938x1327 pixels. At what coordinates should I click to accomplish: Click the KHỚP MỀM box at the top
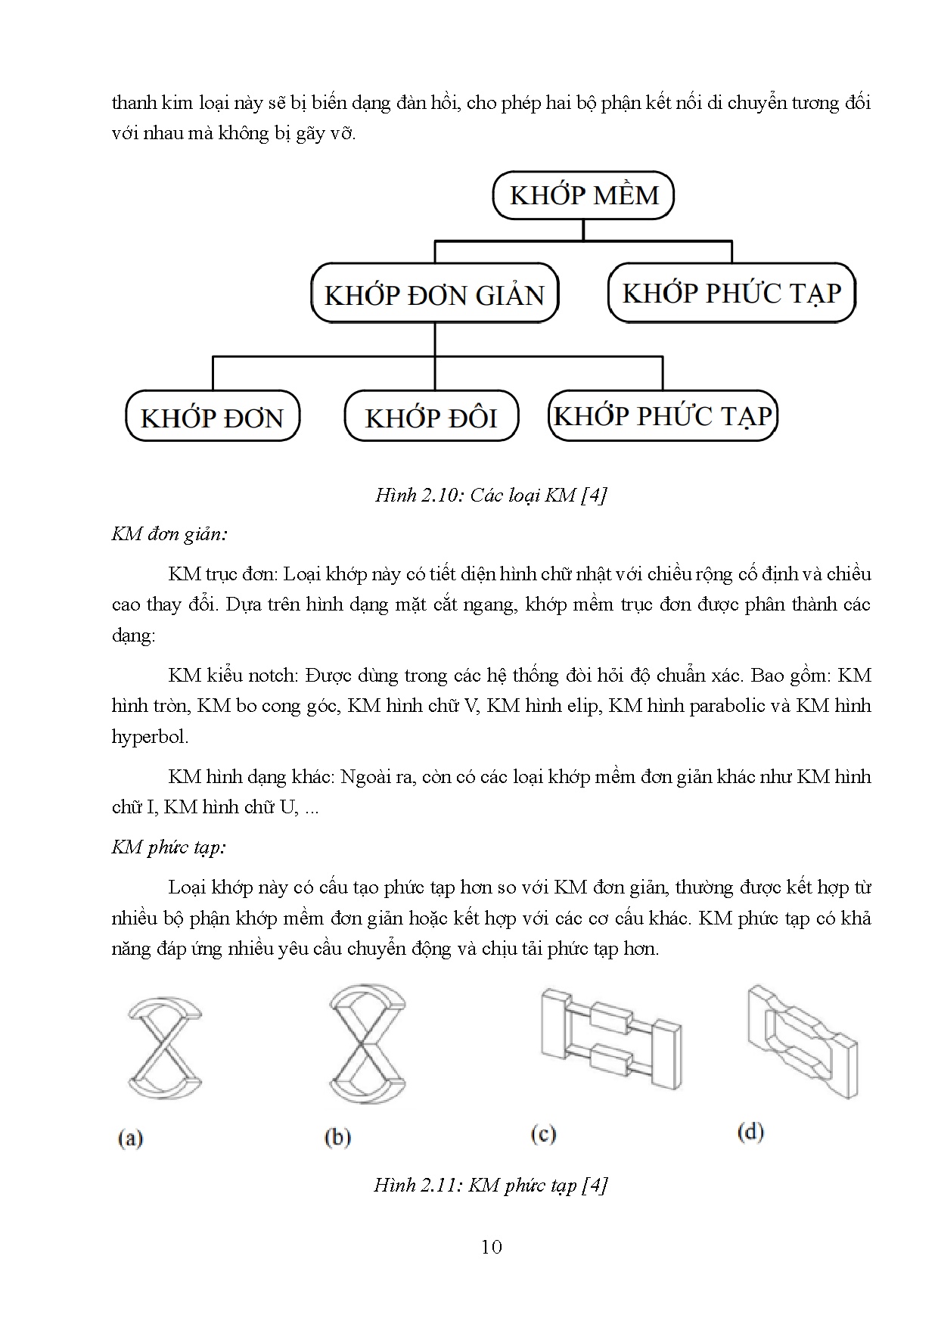(583, 195)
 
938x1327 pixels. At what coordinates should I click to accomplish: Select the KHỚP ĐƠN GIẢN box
(434, 294)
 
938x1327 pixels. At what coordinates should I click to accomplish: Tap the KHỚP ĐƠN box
(212, 417)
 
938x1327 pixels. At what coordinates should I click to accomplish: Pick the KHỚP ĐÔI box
(431, 417)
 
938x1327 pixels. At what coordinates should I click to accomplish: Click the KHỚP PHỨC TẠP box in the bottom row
(663, 415)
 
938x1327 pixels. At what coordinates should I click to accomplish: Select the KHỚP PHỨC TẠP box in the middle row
(731, 293)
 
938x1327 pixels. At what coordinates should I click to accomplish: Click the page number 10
(492, 1247)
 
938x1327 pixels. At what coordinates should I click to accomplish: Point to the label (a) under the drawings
(131, 1138)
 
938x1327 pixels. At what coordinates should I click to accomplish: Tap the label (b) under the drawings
(337, 1137)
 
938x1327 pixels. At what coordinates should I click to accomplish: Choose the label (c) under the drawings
(544, 1134)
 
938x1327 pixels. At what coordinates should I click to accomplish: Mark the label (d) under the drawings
(750, 1133)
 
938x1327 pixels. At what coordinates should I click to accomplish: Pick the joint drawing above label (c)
(611, 1032)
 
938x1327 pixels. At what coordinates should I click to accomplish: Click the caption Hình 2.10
(491, 496)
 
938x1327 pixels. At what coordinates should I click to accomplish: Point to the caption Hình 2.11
(491, 1185)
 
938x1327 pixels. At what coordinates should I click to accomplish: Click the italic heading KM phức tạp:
(169, 847)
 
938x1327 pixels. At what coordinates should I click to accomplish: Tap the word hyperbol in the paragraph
(150, 736)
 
